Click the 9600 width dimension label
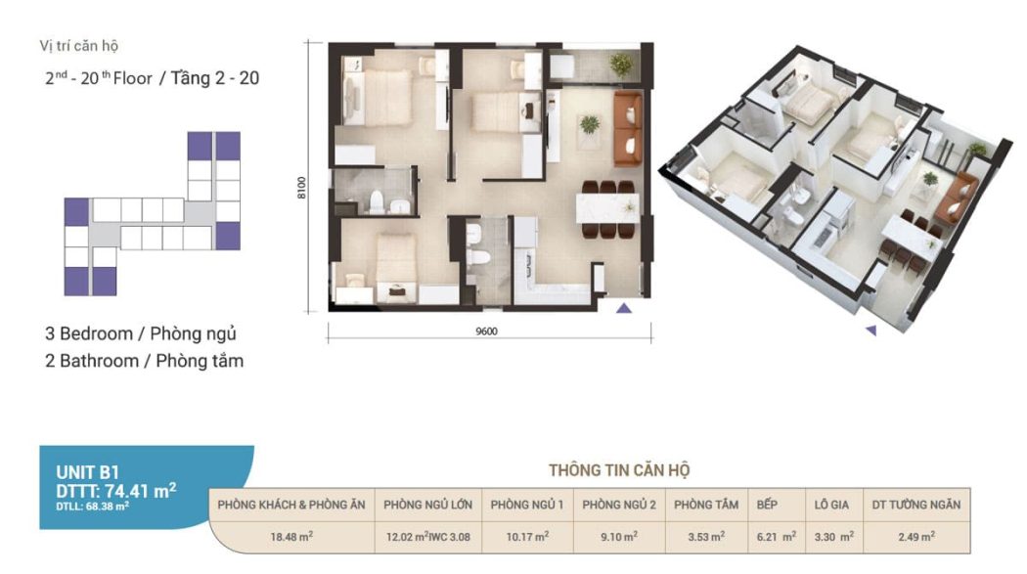pos(486,331)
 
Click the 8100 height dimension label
pos(301,188)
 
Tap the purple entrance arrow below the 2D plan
pos(624,308)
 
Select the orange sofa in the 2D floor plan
pos(628,129)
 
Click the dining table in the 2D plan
pos(607,209)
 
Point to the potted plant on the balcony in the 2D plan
pos(621,65)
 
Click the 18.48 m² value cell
pos(291,537)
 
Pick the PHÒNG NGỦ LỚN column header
pos(427,505)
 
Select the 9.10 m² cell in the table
pos(619,537)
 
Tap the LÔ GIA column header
pos(831,505)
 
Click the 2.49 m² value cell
pos(916,537)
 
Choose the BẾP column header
pos(767,505)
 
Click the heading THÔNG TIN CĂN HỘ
pos(619,470)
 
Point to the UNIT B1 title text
pos(87,472)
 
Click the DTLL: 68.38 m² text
pos(92,506)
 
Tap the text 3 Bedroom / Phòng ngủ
pos(140,333)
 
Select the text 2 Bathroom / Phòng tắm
pos(144,361)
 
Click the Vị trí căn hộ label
pos(78,46)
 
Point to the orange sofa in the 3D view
pos(957,196)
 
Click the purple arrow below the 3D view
pos(871,331)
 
